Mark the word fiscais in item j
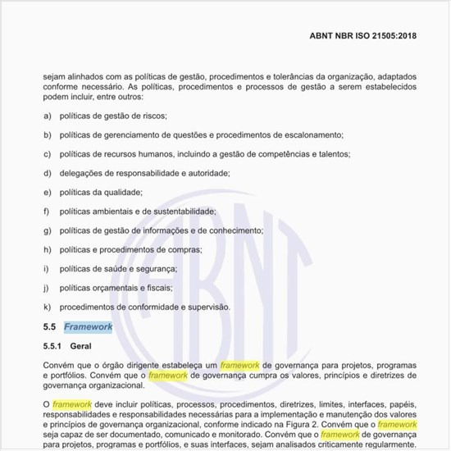click(151, 288)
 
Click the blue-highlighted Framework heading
click(88, 326)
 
